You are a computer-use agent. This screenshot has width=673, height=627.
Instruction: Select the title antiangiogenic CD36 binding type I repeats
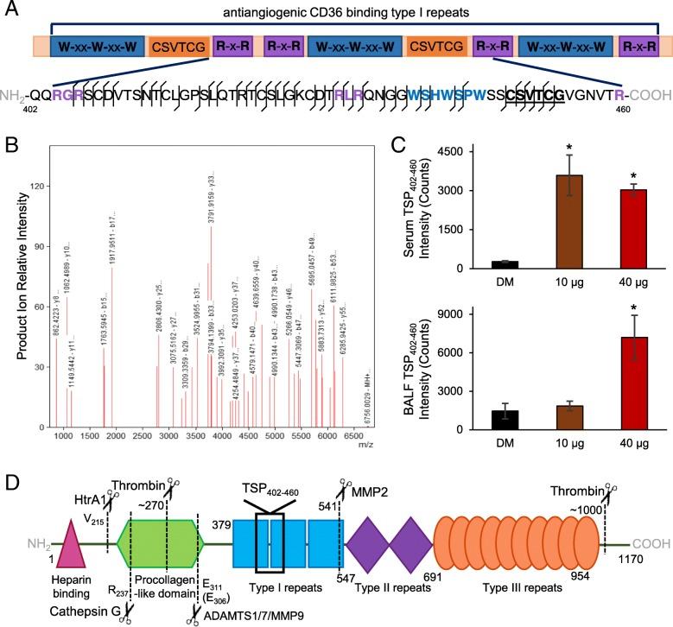344,11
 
